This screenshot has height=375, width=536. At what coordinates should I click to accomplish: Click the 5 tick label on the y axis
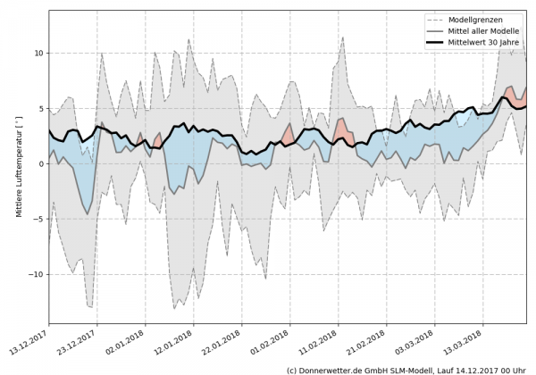(39, 109)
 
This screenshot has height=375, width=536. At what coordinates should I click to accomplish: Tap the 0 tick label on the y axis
(39, 164)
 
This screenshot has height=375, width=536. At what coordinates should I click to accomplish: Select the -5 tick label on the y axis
(37, 220)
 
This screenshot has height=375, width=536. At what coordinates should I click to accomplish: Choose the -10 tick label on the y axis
(34, 275)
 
